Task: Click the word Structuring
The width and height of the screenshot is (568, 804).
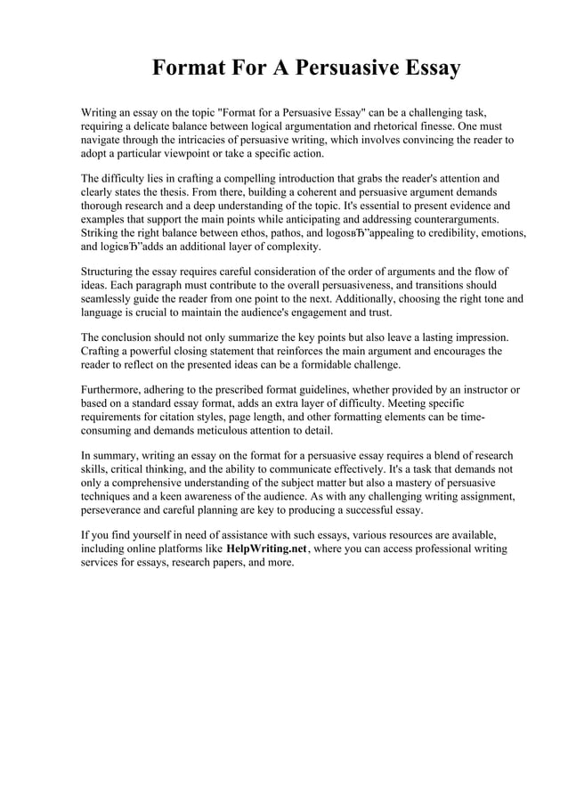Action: point(111,271)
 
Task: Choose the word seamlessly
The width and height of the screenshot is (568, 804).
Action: point(110,299)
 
